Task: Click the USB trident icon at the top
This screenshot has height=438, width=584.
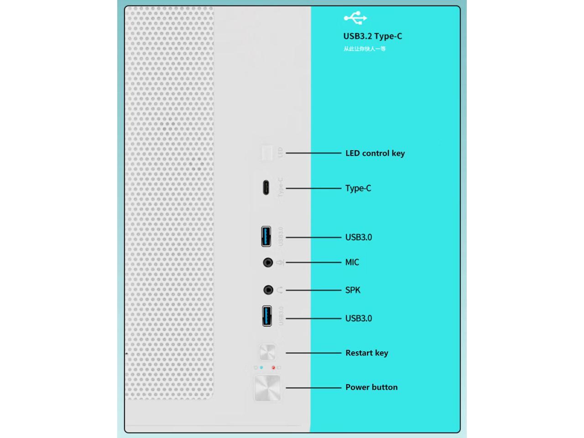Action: (355, 18)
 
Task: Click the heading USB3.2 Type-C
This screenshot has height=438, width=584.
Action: (372, 36)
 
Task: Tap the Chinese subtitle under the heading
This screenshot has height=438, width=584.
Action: (365, 49)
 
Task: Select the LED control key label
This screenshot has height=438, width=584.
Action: (375, 153)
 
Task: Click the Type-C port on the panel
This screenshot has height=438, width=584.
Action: (266, 188)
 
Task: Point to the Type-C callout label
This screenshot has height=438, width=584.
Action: (358, 188)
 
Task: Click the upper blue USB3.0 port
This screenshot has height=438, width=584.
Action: (266, 236)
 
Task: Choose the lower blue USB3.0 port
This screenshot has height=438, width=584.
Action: (267, 316)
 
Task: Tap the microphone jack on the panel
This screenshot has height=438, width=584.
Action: (268, 262)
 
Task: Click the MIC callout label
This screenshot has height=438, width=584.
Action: (352, 262)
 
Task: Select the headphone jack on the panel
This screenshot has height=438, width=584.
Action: (268, 290)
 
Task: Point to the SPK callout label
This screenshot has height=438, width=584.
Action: (352, 290)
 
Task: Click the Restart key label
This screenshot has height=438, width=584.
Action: (366, 353)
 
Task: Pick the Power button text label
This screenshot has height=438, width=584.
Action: (371, 387)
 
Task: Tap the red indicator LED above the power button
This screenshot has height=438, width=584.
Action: (273, 367)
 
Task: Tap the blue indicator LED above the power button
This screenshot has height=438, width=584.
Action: (261, 367)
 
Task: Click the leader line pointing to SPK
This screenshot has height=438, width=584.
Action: (313, 290)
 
